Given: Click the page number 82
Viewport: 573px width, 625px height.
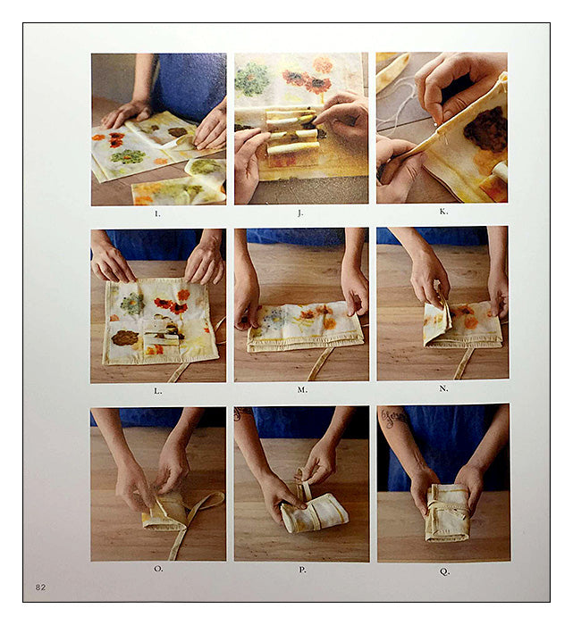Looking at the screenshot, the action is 41,587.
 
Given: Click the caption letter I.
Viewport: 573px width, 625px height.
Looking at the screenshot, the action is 157,214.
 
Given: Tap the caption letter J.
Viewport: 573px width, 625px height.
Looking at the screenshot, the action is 300,213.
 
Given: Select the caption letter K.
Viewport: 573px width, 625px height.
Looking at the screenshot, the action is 443,212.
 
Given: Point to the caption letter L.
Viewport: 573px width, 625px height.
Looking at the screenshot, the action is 158,391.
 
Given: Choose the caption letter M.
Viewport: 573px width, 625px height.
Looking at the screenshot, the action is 302,390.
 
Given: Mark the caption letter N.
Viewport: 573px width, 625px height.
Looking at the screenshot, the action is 443,388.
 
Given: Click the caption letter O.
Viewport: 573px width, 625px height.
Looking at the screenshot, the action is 158,569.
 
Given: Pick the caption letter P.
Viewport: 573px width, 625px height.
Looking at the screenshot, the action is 302,570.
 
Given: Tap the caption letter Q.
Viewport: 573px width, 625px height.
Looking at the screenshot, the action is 444,571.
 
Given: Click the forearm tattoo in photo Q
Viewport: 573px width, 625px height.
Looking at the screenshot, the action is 394,417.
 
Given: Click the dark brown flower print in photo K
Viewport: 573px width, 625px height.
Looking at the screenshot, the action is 485,130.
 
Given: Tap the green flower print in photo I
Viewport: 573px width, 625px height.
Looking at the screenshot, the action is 128,156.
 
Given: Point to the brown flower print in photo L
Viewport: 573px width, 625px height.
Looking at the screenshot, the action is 125,338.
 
